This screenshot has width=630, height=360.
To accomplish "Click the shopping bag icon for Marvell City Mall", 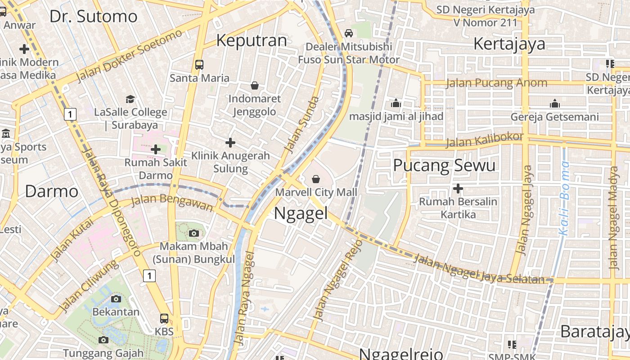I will click(316, 179).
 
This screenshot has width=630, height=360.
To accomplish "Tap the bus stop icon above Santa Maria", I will click(199, 65).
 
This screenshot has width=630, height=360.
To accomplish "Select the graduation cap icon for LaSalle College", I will click(130, 99).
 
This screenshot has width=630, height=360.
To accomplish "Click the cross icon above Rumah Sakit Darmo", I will click(156, 149).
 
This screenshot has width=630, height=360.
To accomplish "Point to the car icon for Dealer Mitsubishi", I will click(348, 33).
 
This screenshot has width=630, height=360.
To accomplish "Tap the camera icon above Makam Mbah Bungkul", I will click(194, 233).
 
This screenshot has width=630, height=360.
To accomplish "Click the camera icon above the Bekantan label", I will click(116, 299).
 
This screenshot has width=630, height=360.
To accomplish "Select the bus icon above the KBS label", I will click(164, 319).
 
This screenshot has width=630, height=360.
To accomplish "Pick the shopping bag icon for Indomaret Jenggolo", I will click(255, 85).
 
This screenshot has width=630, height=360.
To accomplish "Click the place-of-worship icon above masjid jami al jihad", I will click(396, 103).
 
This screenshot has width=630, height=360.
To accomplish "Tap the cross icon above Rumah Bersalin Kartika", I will click(458, 189).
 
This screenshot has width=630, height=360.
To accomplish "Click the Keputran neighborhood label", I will click(252, 40).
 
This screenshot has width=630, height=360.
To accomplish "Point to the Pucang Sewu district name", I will click(444, 165).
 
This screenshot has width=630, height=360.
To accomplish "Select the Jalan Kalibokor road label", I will click(485, 140).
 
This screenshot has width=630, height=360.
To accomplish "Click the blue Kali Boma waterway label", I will click(564, 199).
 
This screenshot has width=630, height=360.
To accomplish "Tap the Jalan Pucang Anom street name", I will click(496, 83).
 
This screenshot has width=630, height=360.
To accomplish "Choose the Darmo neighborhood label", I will click(51, 191).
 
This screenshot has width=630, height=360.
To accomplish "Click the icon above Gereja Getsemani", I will click(555, 104).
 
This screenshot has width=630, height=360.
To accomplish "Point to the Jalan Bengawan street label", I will click(171, 202).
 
